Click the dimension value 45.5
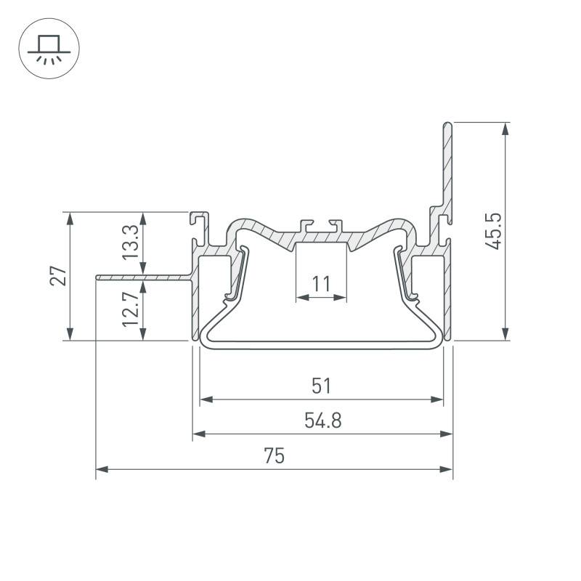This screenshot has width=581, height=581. click(493, 231)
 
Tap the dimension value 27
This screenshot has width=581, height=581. click(58, 275)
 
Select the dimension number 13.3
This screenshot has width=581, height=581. click(131, 243)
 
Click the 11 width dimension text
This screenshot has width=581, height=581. click(321, 285)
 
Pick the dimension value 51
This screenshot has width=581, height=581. click(321, 386)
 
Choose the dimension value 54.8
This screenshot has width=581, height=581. click(322, 420)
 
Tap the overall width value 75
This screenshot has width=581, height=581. click(275, 456)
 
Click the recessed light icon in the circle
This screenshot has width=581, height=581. click(49, 49)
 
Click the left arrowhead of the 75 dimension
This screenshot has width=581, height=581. click(102, 469)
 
